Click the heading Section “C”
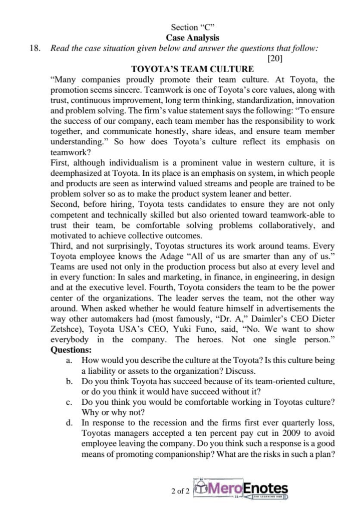[193, 27]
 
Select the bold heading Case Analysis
[192, 38]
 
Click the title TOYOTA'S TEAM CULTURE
[192, 69]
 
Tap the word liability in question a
[103, 371]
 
